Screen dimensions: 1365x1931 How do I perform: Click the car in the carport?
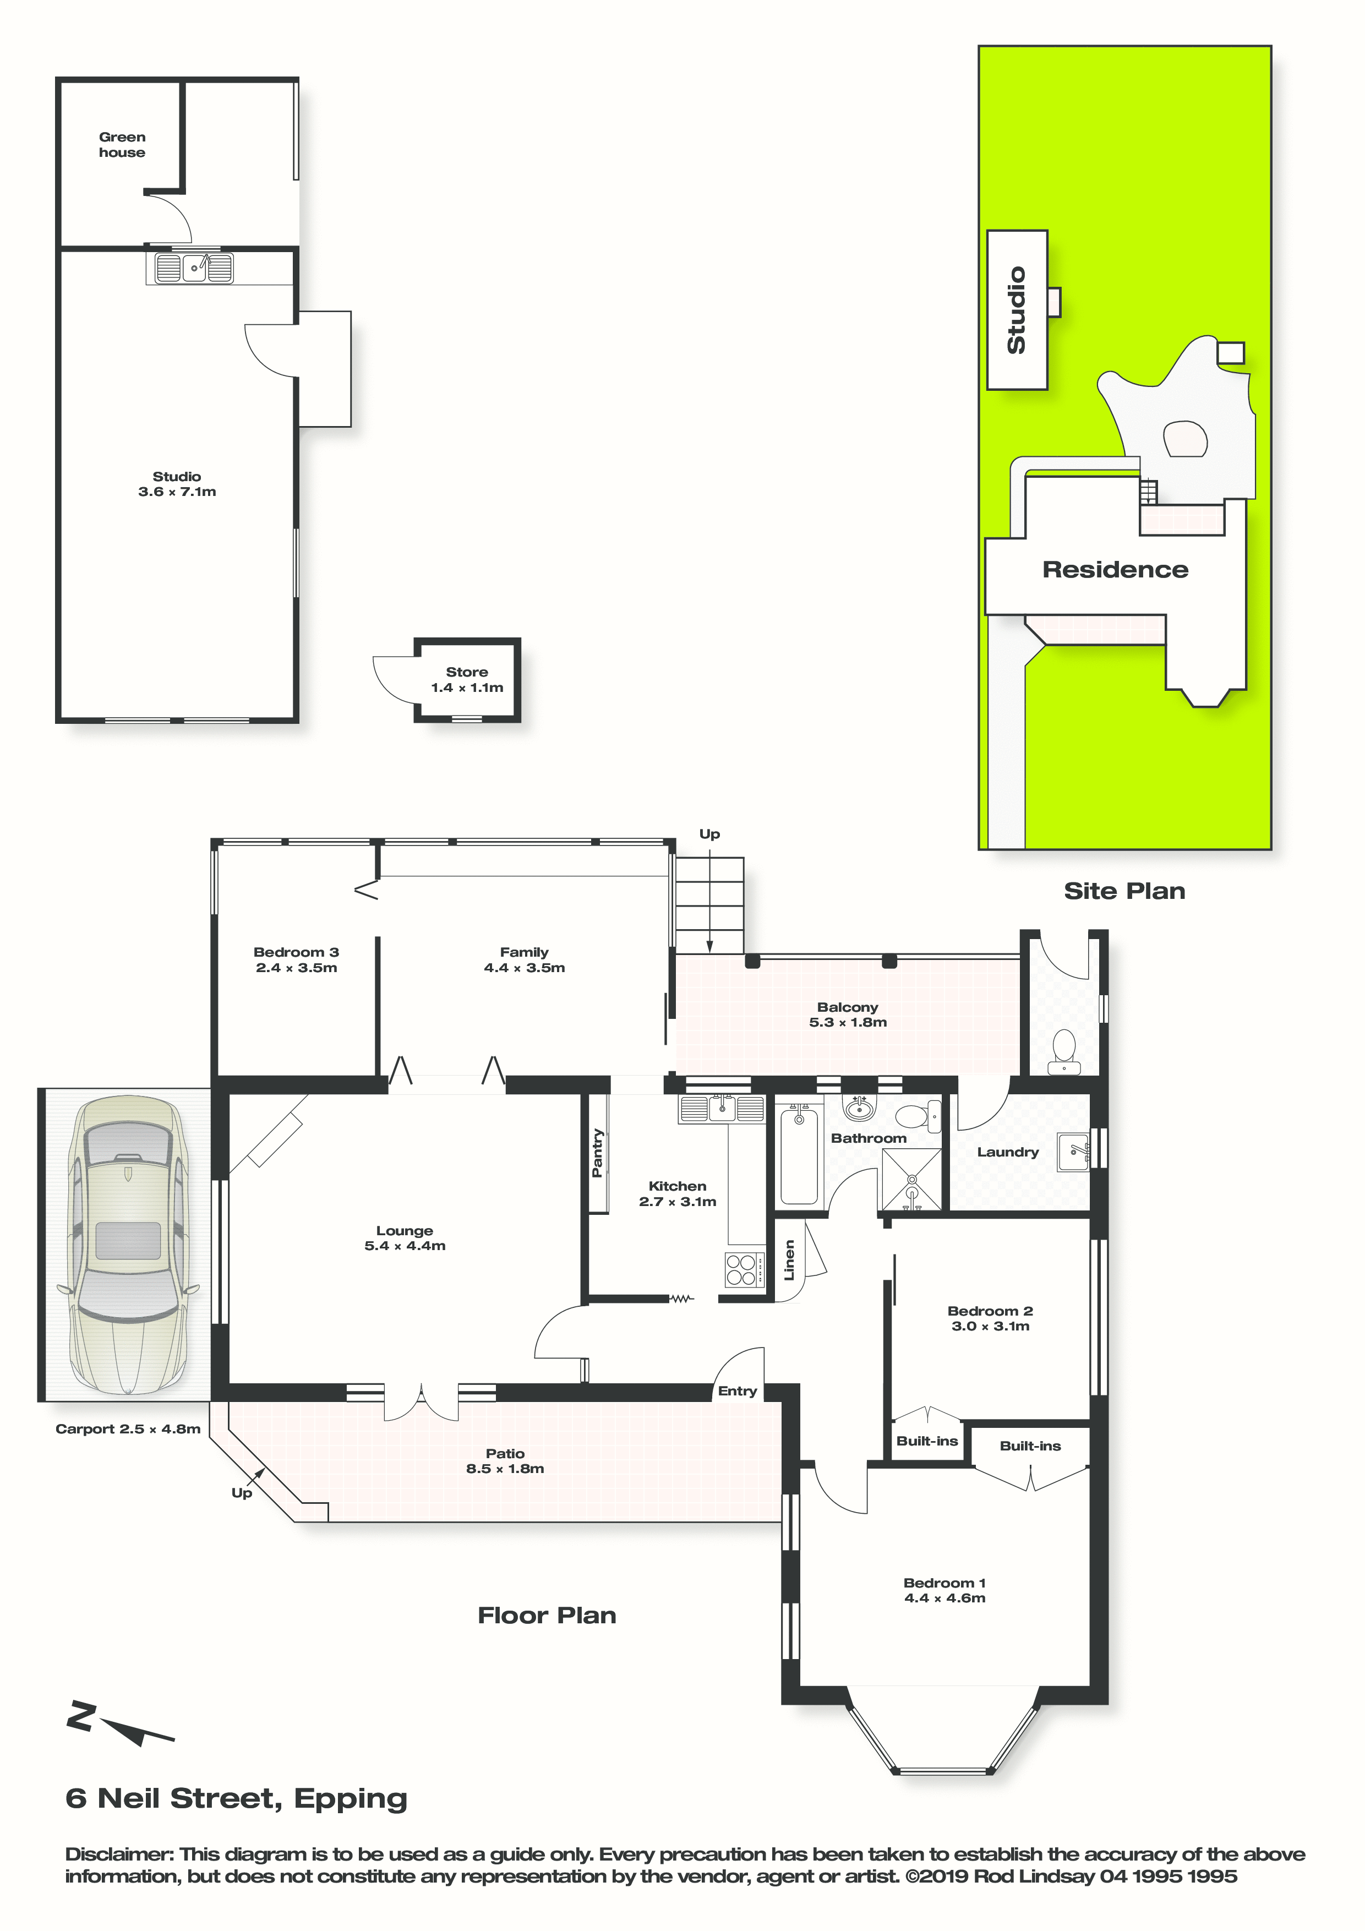point(127,1245)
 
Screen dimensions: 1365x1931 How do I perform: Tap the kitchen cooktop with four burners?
point(744,1269)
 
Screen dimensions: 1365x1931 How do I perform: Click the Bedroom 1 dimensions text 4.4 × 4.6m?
point(944,1598)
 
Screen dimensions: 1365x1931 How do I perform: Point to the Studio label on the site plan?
point(1017,310)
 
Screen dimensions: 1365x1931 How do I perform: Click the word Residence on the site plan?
point(1115,569)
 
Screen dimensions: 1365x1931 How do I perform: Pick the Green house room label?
point(122,145)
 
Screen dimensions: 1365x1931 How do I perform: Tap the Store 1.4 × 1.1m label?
point(467,680)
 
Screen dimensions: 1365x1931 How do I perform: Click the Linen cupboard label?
point(789,1260)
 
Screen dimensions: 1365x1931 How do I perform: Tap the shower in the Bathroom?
point(911,1179)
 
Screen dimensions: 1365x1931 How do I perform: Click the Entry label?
point(738,1391)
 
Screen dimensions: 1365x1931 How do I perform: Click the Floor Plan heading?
point(547,1615)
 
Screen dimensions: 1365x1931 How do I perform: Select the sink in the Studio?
point(193,268)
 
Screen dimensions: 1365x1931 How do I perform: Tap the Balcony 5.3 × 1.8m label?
point(848,1014)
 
